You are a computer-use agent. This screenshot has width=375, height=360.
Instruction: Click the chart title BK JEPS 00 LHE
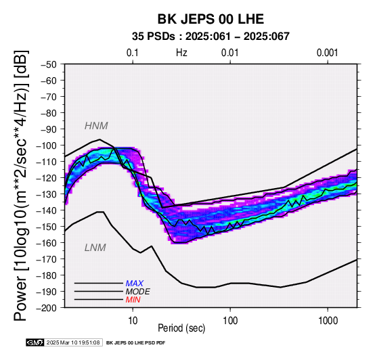(211, 19)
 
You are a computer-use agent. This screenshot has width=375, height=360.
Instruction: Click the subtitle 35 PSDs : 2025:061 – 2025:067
(211, 37)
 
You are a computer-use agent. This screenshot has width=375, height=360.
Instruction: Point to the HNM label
(96, 126)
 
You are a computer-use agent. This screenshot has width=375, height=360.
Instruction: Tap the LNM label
(95, 248)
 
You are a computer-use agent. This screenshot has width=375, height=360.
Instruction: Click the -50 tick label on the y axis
(49, 64)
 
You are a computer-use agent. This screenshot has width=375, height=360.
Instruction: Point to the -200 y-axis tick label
(47, 308)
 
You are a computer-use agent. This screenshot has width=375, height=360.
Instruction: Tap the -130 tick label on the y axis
(47, 194)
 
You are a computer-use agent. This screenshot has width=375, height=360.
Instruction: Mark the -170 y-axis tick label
(47, 259)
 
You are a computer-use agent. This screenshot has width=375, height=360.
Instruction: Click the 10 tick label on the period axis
(133, 321)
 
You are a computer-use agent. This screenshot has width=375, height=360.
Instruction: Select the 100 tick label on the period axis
(230, 321)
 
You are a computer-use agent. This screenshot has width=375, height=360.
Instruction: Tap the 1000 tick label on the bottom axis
(328, 321)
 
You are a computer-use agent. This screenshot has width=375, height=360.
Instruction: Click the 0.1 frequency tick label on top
(133, 53)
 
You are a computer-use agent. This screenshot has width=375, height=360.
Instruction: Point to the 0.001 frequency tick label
(328, 53)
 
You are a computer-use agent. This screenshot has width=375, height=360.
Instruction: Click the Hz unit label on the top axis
(181, 53)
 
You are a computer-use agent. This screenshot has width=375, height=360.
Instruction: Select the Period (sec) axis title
(181, 328)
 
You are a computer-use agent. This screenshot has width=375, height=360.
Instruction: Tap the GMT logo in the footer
(35, 342)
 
